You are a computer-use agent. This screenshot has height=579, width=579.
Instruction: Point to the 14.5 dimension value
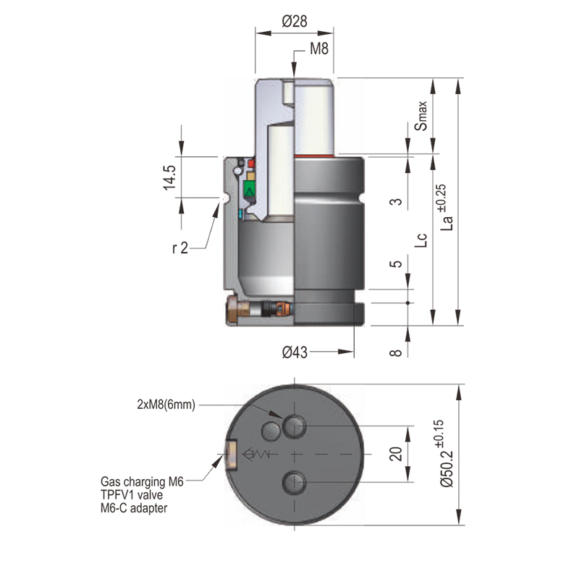pos(169,177)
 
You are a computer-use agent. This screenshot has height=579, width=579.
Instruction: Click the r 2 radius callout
pos(180,248)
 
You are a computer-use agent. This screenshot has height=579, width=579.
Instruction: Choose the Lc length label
pos(420,240)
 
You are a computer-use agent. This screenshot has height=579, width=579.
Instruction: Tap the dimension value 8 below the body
pos(395,352)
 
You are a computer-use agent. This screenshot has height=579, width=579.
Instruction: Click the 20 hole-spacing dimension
pos(395,455)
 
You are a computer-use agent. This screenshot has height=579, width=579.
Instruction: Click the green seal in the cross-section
pos(250,190)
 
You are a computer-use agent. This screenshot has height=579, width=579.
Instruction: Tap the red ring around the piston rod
pos(316,155)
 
